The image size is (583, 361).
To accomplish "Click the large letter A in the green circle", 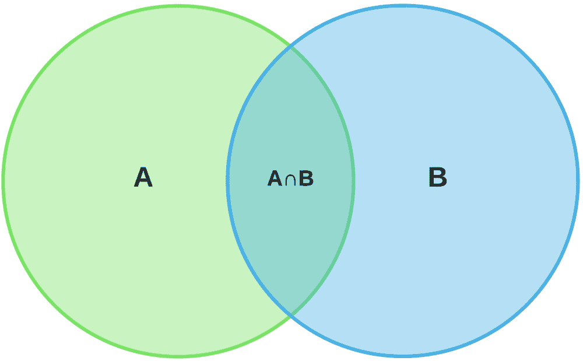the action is pos(143,177).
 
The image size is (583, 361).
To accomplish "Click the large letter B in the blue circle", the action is pos(438,177).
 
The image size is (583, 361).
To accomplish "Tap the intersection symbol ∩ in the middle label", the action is pos(290,179).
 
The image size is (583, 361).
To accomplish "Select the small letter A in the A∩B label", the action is pos(275,178).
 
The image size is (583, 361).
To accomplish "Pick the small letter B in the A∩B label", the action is pos(306,178).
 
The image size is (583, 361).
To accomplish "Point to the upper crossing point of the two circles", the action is pos(290,47).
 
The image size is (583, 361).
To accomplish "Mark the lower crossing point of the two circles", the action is pos(290,314).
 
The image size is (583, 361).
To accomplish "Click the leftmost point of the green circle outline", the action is pos(3,181).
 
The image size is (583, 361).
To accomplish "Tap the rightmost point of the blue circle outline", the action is pos(578,181).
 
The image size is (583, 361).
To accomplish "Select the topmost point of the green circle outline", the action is pos(178,6).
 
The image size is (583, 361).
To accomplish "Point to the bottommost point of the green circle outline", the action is pos(178,356).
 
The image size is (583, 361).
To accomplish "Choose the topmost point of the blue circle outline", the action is pos(403,6).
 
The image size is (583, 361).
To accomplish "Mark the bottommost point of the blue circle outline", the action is pos(403,356).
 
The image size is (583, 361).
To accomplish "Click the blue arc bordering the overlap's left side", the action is pos(227,181).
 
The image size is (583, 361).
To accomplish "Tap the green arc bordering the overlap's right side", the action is pos(353,181).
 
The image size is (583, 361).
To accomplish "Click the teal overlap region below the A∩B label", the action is pos(290,241).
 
